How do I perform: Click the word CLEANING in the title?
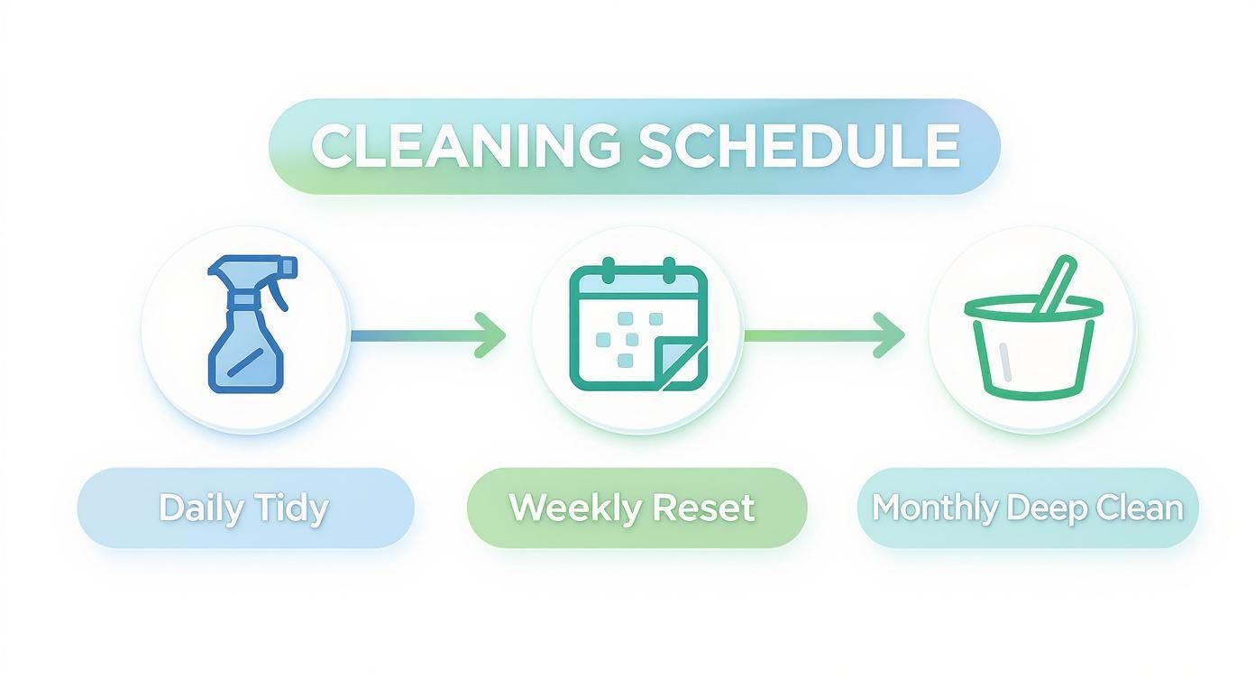465,145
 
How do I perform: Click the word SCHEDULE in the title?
799,145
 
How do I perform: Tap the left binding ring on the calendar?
608,269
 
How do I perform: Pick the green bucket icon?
1032,343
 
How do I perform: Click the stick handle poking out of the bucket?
1053,285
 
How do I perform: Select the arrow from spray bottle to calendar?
428,334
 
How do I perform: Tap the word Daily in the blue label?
199,508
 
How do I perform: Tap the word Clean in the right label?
1138,508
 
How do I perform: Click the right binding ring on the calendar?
668,269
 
